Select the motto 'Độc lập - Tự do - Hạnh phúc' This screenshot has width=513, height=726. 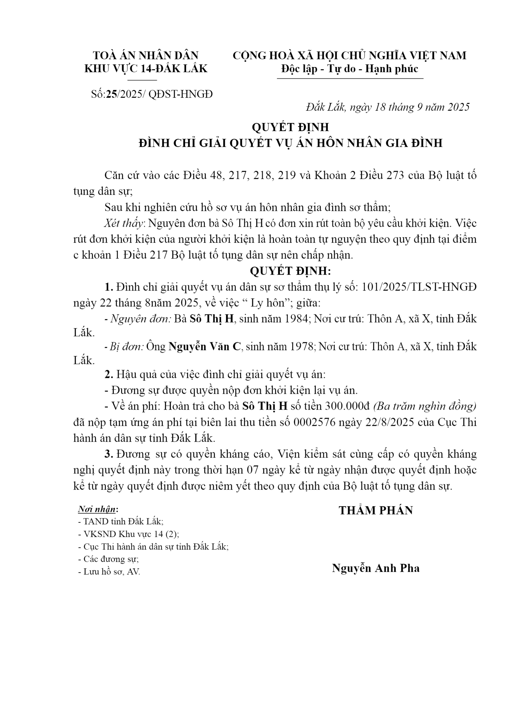point(350,69)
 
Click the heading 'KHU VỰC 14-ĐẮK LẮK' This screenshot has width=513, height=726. point(146,69)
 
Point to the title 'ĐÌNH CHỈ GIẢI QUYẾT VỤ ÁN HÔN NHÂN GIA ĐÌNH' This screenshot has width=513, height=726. point(290,143)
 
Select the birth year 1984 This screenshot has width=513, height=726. point(295,319)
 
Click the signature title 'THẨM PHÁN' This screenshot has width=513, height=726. point(376,511)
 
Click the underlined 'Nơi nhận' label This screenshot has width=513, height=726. point(97,509)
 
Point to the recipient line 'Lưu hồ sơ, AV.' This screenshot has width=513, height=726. point(109,572)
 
